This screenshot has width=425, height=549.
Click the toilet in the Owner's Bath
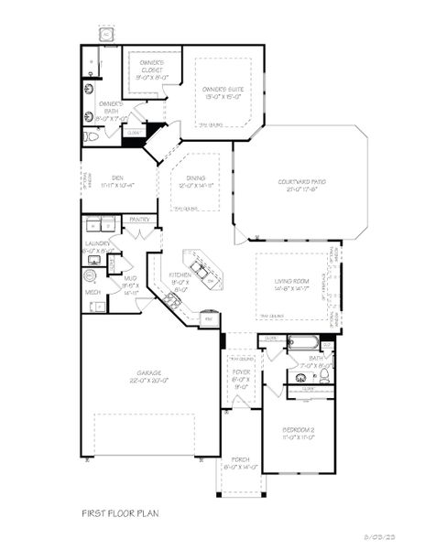(x=91, y=136)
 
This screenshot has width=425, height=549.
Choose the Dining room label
(x=195, y=182)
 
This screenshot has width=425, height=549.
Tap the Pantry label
(x=139, y=220)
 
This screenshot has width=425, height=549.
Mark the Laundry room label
(x=98, y=246)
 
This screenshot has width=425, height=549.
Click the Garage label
(x=149, y=376)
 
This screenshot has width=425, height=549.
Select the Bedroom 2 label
(x=298, y=432)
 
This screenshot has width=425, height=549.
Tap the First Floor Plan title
(x=120, y=515)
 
